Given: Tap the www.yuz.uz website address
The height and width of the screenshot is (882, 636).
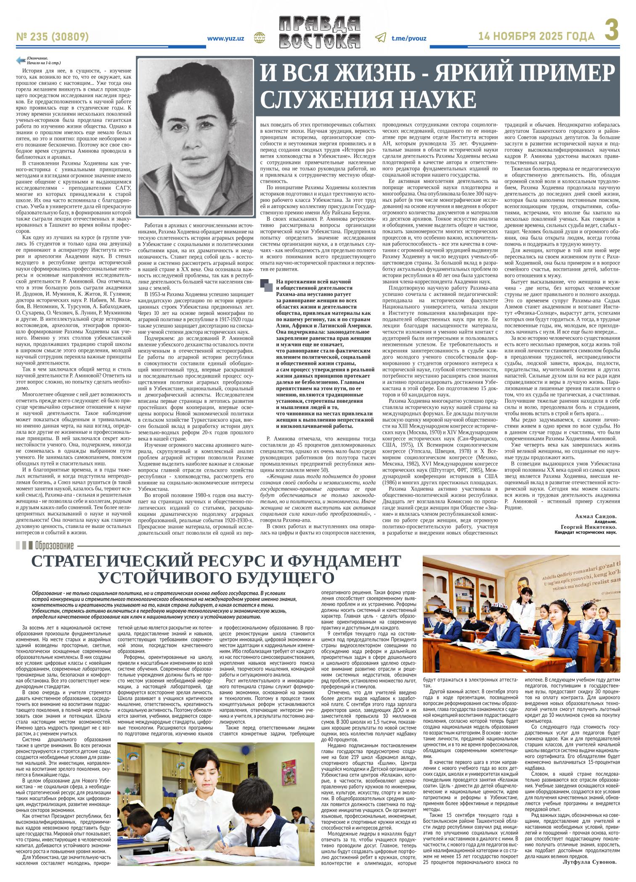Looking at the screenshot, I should pyautogui.click(x=226, y=38).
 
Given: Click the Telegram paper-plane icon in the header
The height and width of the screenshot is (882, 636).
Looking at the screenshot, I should pyautogui.click(x=381, y=38).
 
